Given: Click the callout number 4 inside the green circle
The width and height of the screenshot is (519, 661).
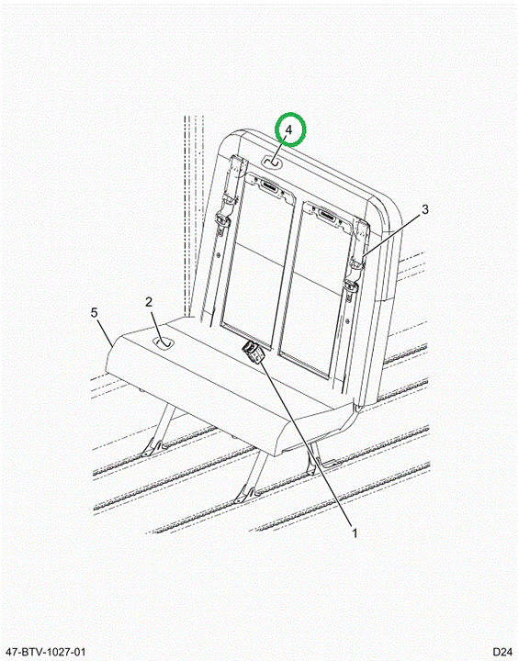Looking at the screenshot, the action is (x=288, y=129).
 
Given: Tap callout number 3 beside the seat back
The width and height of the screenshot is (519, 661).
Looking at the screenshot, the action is (x=425, y=209).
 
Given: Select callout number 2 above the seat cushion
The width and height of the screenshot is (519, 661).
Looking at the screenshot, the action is (x=149, y=302).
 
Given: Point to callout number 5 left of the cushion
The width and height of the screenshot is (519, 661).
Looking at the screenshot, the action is (x=94, y=313).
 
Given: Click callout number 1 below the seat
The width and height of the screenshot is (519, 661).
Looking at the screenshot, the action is (x=355, y=533).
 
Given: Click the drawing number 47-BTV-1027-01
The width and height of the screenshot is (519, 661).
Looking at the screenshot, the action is (x=44, y=651).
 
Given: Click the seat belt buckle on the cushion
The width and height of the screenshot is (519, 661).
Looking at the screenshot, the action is (x=253, y=352).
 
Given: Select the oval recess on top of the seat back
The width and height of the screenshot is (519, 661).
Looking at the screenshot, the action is (x=272, y=162).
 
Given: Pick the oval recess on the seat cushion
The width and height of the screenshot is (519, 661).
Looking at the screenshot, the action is (x=164, y=342).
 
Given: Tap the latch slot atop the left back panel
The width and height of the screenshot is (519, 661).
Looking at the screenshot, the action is (x=270, y=185).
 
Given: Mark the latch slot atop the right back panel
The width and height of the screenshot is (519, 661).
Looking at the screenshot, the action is (x=329, y=216).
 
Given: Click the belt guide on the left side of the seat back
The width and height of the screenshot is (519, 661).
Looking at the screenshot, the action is (x=222, y=218).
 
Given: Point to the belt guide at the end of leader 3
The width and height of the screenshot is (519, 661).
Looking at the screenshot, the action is (x=357, y=263).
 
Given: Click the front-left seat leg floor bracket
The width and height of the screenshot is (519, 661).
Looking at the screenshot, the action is (x=151, y=447).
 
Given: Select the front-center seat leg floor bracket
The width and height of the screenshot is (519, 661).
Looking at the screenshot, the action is (x=244, y=494).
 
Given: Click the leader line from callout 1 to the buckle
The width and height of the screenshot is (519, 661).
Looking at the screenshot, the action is (x=306, y=443).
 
